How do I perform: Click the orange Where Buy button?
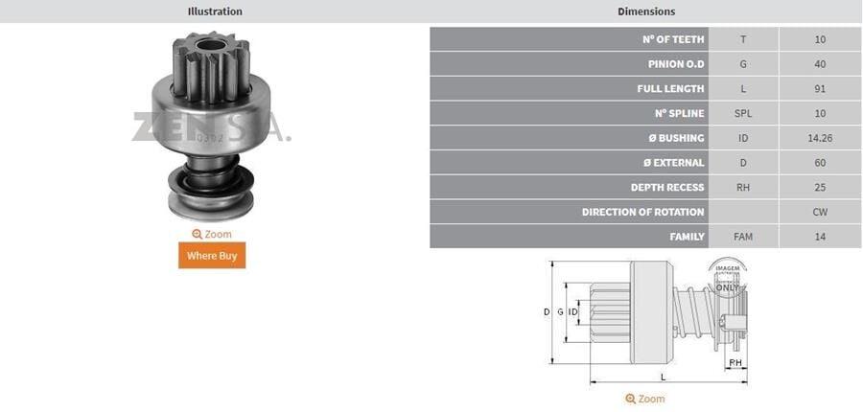click(212, 256)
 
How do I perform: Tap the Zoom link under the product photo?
click(212, 234)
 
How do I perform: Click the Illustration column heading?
click(215, 11)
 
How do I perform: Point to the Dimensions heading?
click(646, 11)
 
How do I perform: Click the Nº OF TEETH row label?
click(673, 39)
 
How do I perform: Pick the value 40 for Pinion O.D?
click(820, 64)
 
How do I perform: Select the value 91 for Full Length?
click(820, 89)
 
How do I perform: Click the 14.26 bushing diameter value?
click(820, 138)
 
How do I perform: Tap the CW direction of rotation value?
click(820, 212)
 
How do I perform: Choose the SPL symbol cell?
click(743, 113)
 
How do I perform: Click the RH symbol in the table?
click(743, 188)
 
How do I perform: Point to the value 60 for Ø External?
click(820, 163)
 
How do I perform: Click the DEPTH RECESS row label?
click(667, 188)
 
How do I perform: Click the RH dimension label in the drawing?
click(735, 363)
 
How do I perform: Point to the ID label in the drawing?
click(572, 312)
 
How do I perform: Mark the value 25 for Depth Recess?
click(820, 188)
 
